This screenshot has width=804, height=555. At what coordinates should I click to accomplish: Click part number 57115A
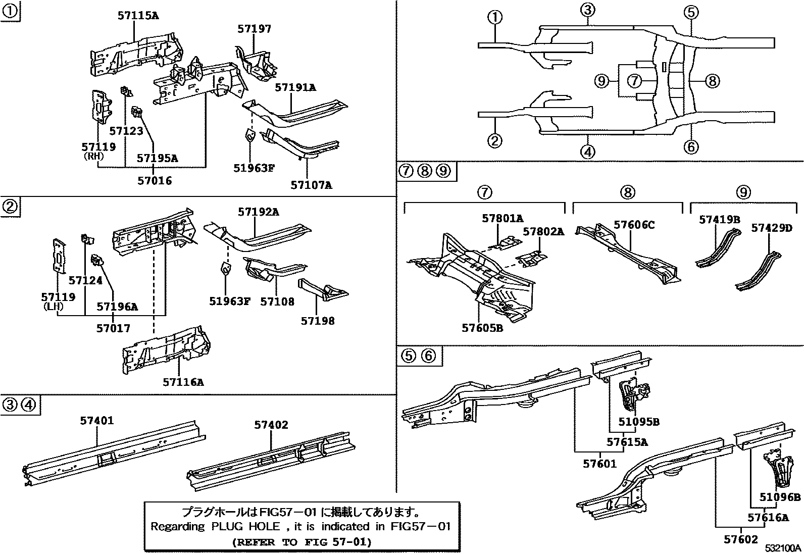click(138, 16)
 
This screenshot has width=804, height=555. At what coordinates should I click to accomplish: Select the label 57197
click(254, 29)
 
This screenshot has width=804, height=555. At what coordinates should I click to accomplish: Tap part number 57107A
click(311, 185)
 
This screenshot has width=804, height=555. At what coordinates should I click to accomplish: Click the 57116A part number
click(183, 382)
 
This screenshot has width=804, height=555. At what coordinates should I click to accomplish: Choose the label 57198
click(317, 321)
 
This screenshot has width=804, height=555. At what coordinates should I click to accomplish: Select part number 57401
click(96, 420)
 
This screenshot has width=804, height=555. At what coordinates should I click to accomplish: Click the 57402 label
click(271, 425)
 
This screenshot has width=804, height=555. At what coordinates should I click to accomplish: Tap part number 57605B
click(482, 328)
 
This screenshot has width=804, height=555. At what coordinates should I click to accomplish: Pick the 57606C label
click(634, 225)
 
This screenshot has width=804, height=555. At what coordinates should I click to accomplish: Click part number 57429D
click(771, 228)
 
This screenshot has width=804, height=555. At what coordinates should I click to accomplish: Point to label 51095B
click(639, 422)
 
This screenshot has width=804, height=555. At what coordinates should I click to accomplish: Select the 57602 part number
click(741, 539)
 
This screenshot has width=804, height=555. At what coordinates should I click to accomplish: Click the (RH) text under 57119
click(93, 157)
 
